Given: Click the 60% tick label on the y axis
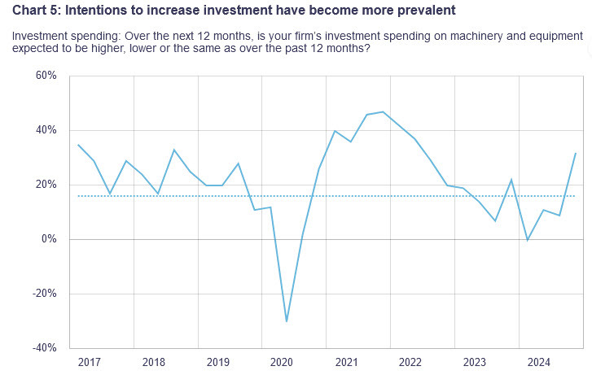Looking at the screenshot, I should [46, 76].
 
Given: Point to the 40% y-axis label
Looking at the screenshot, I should [46, 130].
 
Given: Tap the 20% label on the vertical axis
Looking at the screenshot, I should [46, 185].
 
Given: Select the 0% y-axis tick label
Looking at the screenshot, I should [49, 239].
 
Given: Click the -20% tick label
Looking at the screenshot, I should [45, 294].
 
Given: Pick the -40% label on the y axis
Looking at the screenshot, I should [45, 348].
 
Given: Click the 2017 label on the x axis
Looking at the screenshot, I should [90, 362].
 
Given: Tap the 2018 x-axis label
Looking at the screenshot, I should [153, 362].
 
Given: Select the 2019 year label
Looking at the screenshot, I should [217, 362].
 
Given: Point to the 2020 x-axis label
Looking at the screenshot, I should [281, 362].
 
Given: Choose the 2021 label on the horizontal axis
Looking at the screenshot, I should [345, 362].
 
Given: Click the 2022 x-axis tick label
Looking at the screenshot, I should [409, 362].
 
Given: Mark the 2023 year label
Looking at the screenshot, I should [473, 362].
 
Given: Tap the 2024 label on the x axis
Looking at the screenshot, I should [537, 362].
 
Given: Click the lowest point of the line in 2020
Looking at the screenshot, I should [287, 321].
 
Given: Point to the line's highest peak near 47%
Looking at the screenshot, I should [383, 112].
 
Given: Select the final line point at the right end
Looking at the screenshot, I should [576, 153].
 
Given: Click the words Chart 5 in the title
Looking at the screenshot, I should [36, 10].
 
